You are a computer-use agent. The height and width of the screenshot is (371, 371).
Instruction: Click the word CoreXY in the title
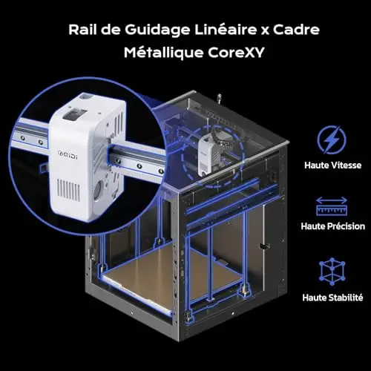pos(236,53)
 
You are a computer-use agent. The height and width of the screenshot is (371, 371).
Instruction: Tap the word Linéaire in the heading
pos(226,30)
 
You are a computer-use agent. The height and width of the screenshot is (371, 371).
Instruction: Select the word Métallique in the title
pos(164,53)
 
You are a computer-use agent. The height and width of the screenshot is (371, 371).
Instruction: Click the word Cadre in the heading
pos(296,30)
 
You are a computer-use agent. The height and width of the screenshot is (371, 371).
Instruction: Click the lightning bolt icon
pos(332,140)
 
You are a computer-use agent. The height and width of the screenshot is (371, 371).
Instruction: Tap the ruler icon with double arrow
pos(332,206)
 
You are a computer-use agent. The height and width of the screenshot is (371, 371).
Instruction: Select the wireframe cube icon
pos(332,272)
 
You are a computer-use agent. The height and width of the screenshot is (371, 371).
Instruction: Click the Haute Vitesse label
pos(332,165)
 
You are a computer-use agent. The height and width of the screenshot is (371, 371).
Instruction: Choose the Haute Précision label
pos(332,226)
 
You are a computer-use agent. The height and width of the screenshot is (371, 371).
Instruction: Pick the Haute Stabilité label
pos(332,298)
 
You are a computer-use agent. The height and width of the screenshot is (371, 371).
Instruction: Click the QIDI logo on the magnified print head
pos(68,155)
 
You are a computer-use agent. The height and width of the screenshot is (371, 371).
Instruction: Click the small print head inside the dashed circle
pos(209,154)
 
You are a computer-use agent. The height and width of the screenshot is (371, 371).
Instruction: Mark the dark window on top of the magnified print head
pos(75,114)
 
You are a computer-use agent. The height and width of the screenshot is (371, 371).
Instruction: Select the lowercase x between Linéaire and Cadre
pos(265,31)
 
